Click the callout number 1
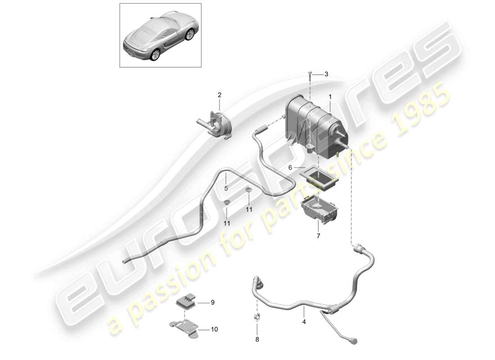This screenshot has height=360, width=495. [330, 97]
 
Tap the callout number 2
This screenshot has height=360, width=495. [220, 95]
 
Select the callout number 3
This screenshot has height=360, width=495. [327, 74]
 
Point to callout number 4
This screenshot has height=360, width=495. [304, 322]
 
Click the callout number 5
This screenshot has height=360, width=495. [227, 189]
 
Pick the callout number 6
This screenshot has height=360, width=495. [291, 167]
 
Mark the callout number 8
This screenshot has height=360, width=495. [257, 340]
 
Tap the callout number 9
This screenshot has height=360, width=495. [213, 302]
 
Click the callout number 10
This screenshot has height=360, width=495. [214, 329]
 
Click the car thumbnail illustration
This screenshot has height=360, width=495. [160, 35]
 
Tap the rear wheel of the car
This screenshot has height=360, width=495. [155, 54]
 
